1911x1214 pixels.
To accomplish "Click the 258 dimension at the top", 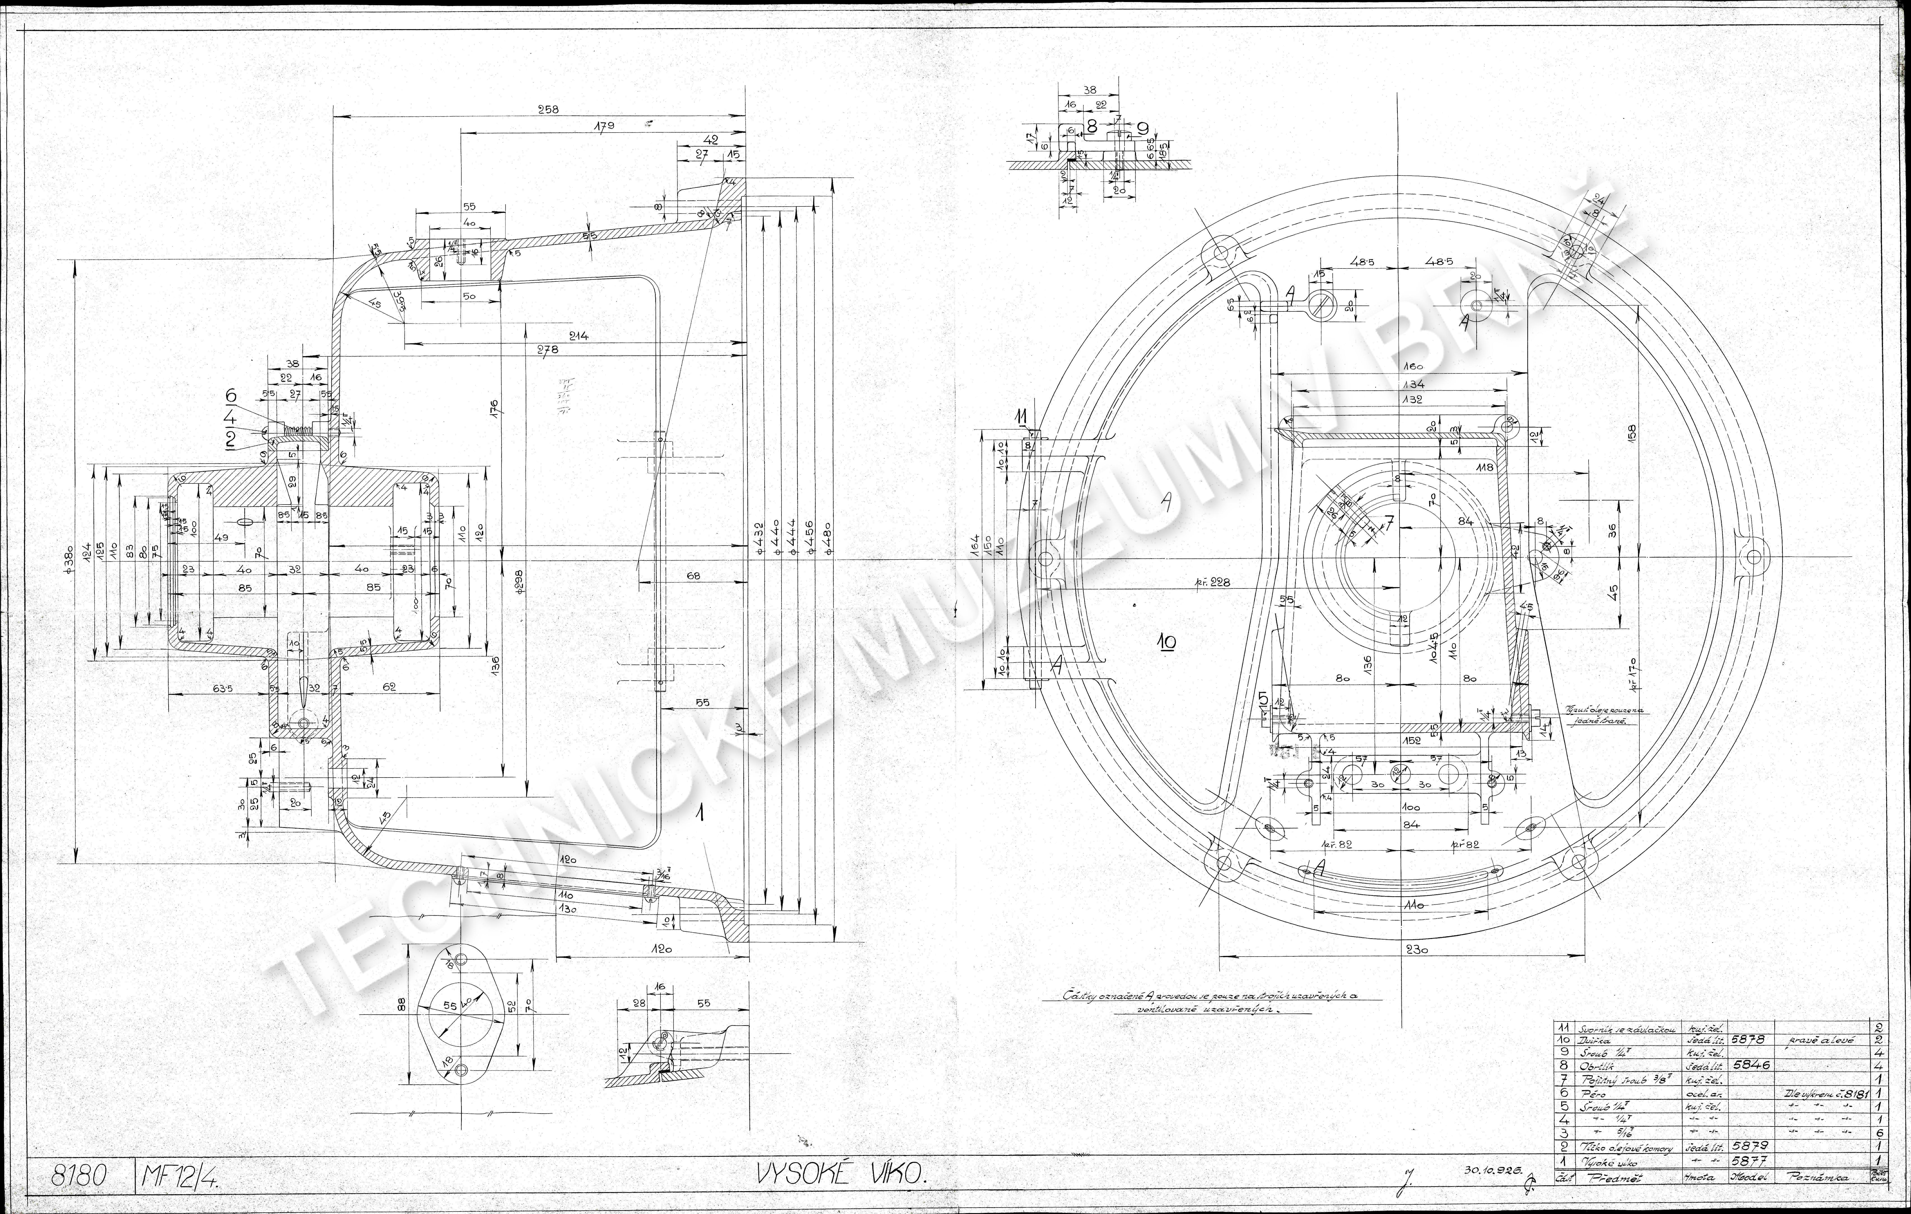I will [x=548, y=110].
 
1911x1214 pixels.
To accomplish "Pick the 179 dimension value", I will [x=603, y=125].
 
